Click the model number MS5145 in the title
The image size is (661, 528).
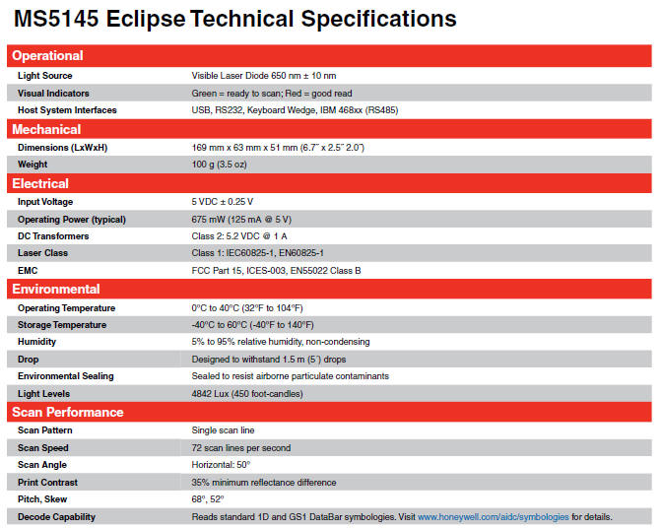[x=56, y=19]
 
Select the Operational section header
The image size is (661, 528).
[x=47, y=55]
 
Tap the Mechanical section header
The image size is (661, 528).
[x=46, y=129]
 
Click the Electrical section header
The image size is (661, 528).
[x=40, y=183]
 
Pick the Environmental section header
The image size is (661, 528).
[x=55, y=289]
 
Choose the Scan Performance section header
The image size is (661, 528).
[x=67, y=412]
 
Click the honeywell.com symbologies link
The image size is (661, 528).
[x=494, y=517]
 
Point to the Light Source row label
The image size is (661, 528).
[x=44, y=76]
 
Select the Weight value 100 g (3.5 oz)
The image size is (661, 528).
[x=220, y=165]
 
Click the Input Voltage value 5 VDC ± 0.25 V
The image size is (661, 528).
[x=223, y=202]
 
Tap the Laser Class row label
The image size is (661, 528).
[x=42, y=253]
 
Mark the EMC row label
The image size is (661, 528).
[x=28, y=271]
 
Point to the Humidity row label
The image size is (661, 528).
[x=36, y=342]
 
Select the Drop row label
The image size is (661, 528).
[x=28, y=360]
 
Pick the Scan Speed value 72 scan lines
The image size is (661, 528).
[x=241, y=448]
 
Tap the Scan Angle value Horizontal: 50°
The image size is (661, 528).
[x=221, y=465]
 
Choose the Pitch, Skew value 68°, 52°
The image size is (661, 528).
[x=208, y=499]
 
